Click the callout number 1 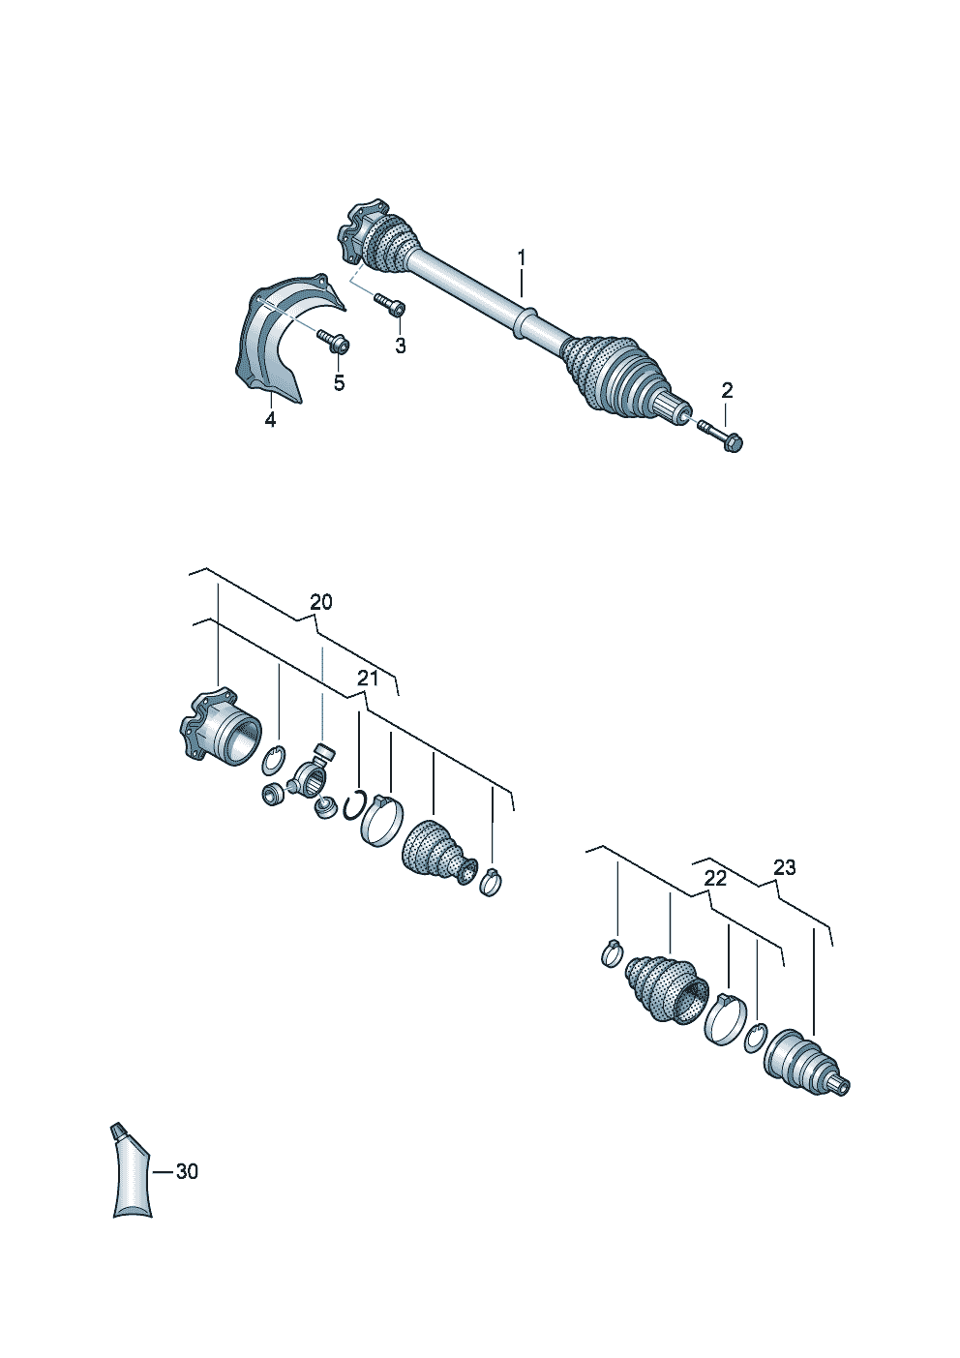[522, 257]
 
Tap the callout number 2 [727, 390]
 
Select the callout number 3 [400, 347]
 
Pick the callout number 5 [339, 383]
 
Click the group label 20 [321, 602]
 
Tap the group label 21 [368, 679]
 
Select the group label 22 [716, 879]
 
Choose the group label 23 [784, 868]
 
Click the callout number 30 [187, 1172]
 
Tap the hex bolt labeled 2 [722, 437]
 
